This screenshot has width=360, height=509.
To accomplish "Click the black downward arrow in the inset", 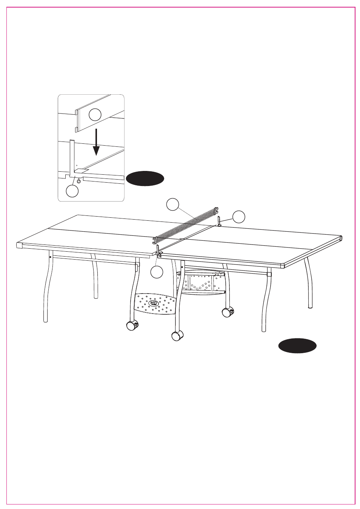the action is tap(96, 142).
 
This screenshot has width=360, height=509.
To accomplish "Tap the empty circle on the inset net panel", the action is tap(95, 114).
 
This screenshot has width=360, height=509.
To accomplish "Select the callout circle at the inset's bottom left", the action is tap(72, 191).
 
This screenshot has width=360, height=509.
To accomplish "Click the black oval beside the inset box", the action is tap(145, 178).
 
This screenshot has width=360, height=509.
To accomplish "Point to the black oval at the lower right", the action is tap(297, 346).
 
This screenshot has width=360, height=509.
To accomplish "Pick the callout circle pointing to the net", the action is tap(173, 204).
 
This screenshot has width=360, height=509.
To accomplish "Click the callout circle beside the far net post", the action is tap(238, 217).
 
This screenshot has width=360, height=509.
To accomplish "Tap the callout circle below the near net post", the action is tap(157, 272).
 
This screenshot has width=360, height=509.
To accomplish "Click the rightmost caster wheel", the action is tap(228, 312).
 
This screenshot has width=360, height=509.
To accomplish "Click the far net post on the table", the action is tap(219, 221).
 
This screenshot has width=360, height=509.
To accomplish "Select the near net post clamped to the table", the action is tap(158, 251).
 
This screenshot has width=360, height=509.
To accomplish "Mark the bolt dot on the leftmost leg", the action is tap(50, 257).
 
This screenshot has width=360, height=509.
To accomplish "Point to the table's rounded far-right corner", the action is tap(341, 238).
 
